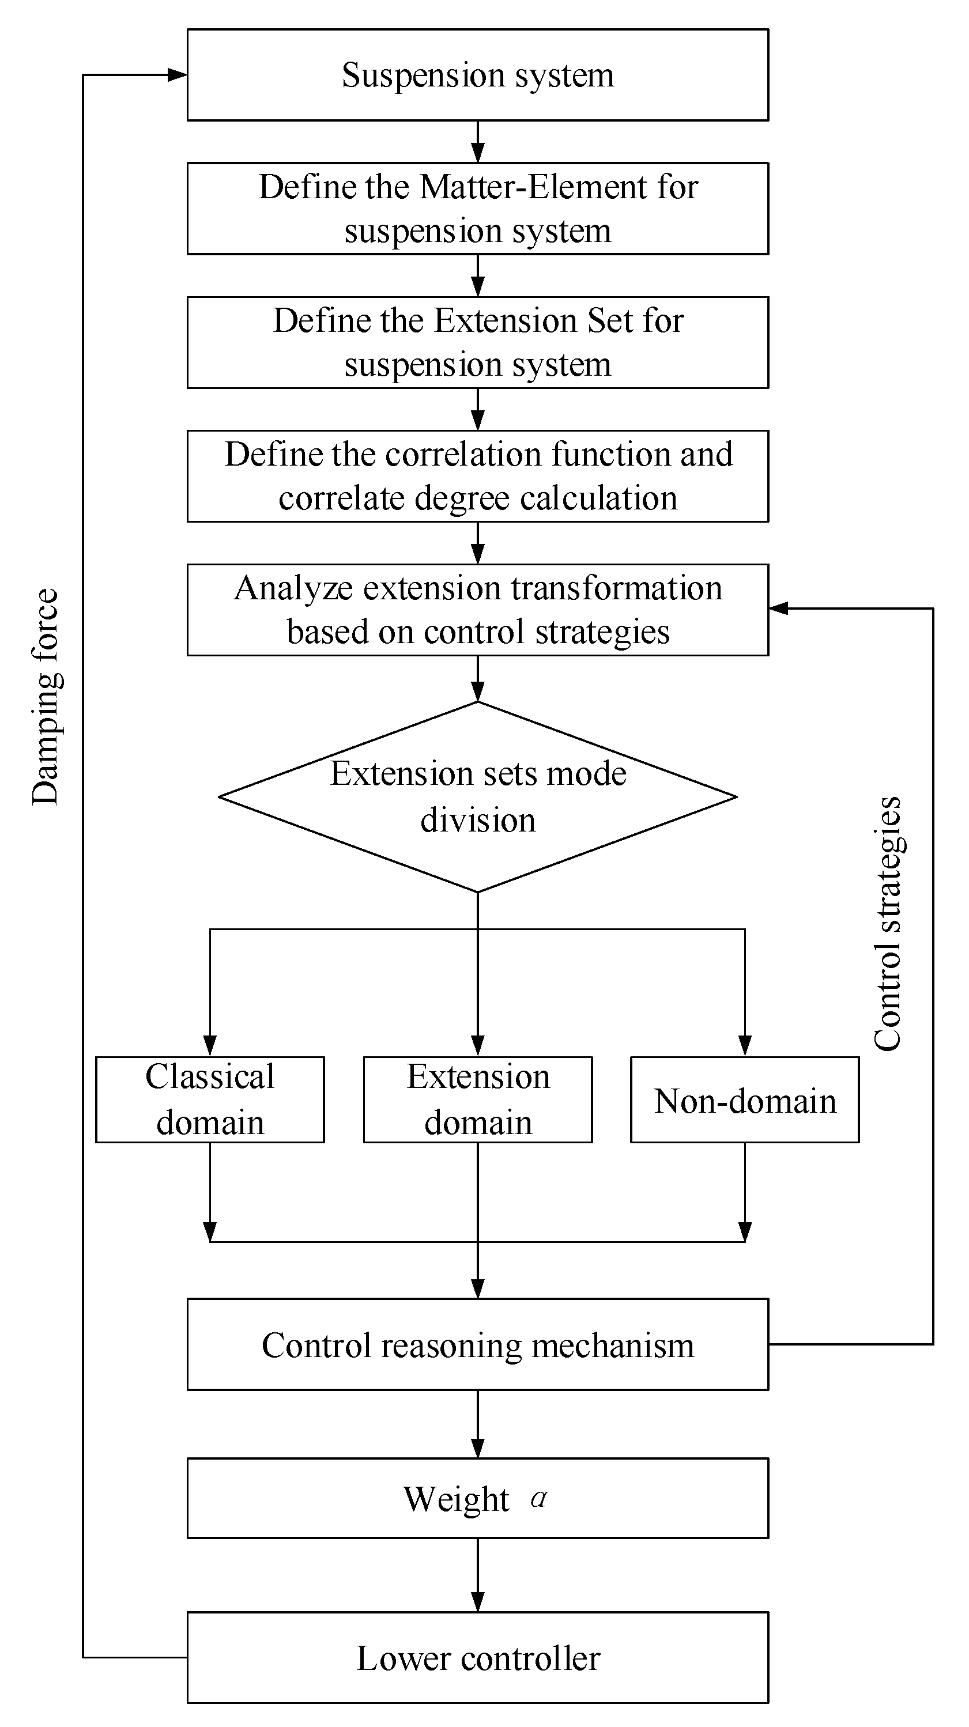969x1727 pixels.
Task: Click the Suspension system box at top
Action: (x=477, y=74)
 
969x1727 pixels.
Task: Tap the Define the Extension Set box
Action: (x=477, y=343)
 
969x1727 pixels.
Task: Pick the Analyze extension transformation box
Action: (x=477, y=610)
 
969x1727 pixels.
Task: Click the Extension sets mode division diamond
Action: (x=477, y=796)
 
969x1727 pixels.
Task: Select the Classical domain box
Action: (x=210, y=1099)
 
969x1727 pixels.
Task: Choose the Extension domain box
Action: (x=477, y=1099)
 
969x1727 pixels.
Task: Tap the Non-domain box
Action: (x=744, y=1099)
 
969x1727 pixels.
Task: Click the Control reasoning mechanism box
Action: (x=477, y=1344)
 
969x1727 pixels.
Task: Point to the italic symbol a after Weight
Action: (x=538, y=1497)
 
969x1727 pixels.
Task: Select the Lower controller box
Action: (x=477, y=1658)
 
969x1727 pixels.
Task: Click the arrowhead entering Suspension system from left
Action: (x=177, y=75)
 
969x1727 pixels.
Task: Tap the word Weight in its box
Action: (x=456, y=1499)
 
